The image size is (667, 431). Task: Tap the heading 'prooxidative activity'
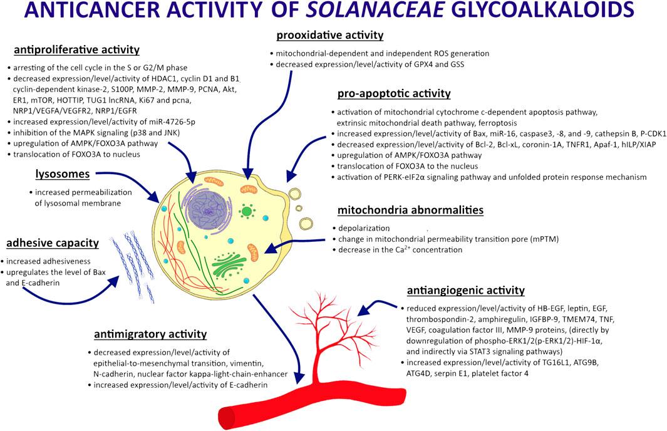click(329, 35)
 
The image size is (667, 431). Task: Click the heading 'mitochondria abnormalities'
click(410, 210)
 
